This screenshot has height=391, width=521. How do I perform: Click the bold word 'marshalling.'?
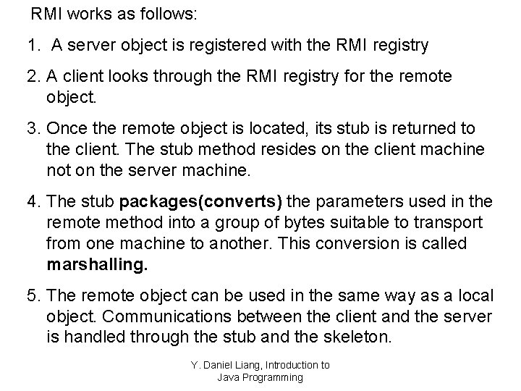(97, 264)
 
